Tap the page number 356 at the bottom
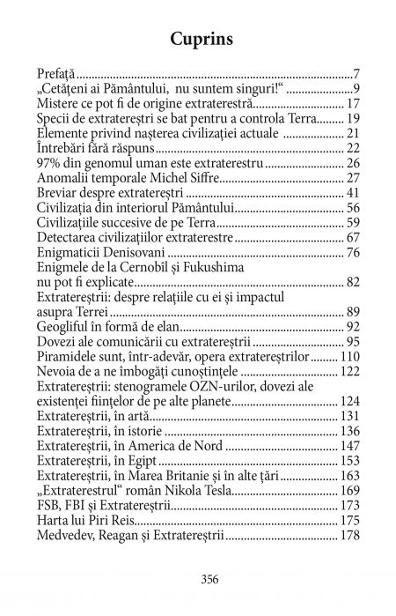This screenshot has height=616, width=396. click(x=198, y=579)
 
